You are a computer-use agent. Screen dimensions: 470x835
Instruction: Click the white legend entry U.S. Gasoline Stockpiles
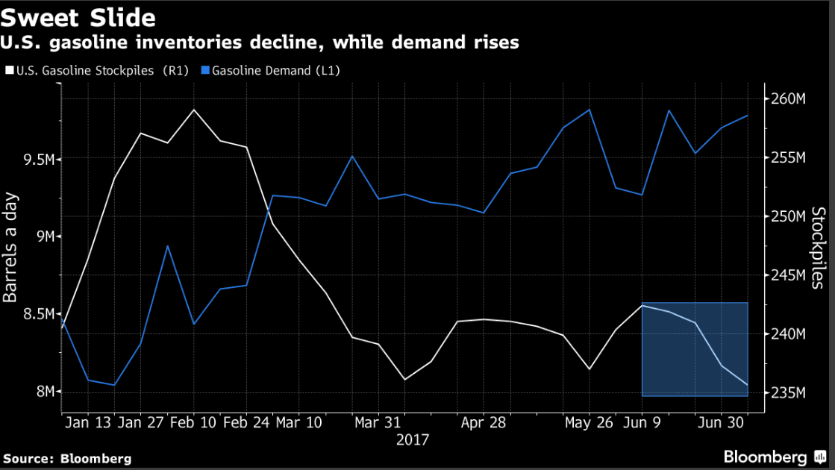coord(97,71)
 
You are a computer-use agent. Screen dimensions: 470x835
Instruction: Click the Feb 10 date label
coord(193,422)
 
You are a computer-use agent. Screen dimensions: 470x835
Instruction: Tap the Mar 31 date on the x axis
coord(378,422)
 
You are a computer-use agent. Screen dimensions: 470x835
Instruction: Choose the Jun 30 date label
coord(719,422)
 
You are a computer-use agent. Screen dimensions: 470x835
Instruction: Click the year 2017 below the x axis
coord(412,439)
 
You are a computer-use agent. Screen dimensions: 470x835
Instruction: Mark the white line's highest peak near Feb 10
coord(194,110)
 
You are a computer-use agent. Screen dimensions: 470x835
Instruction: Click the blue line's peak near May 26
coord(589,110)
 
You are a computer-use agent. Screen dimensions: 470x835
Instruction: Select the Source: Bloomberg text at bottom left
coord(67,458)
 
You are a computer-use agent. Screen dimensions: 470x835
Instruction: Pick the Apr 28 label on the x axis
coord(484,422)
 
